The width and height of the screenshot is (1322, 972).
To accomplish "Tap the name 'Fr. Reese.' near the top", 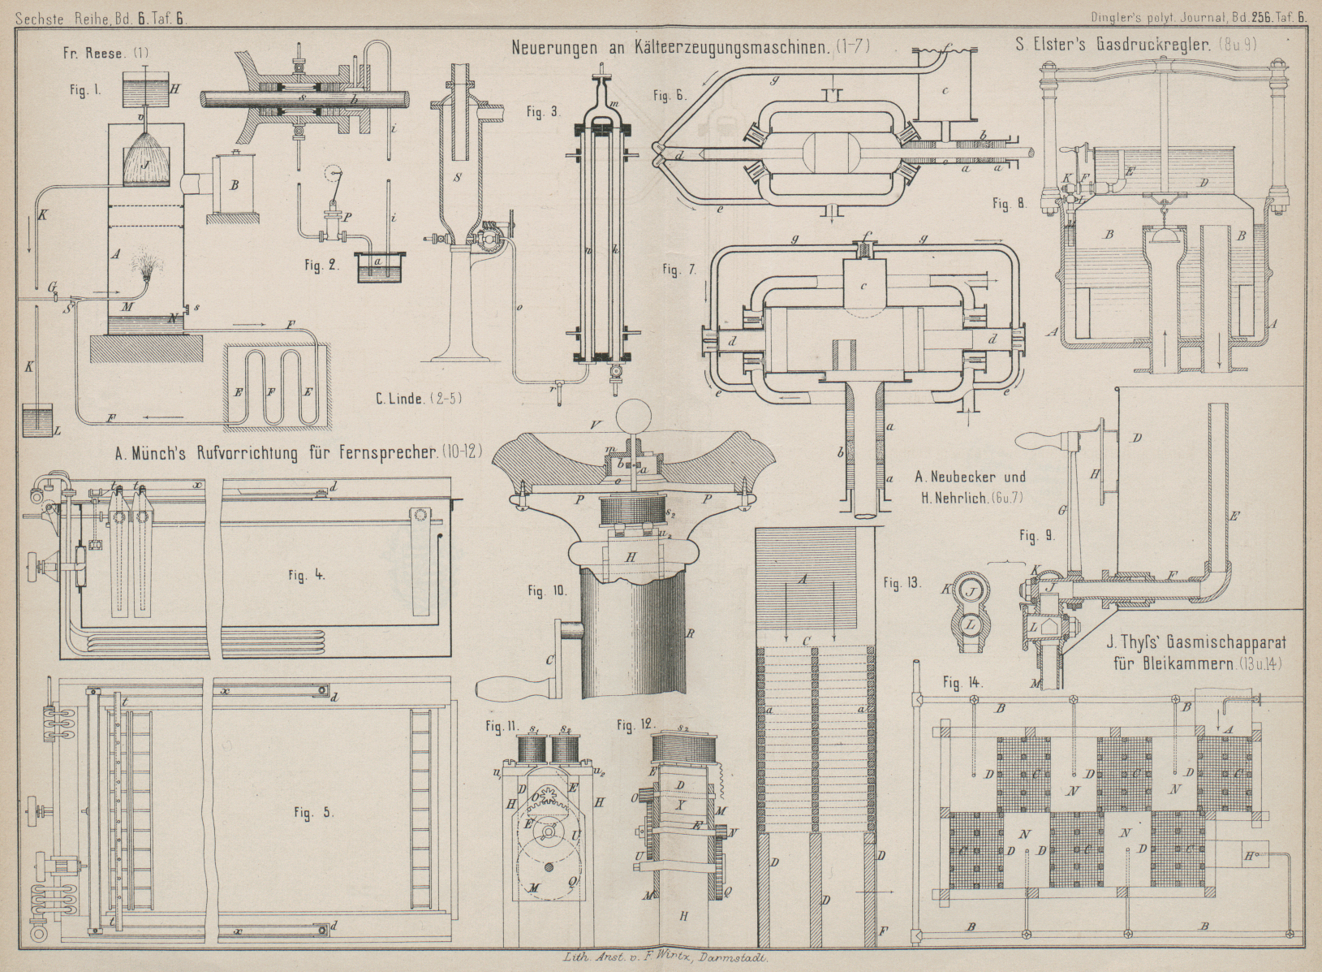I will coord(93,54).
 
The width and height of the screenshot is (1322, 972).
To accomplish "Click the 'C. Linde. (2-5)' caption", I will coord(410,399).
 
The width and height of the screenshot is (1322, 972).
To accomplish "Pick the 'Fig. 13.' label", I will coord(902,581).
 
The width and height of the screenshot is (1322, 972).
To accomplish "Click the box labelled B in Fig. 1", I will coord(234,185).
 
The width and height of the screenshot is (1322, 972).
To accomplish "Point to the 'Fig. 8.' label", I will coord(1010,204).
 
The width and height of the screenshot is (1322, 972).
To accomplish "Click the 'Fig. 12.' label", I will coord(634,724).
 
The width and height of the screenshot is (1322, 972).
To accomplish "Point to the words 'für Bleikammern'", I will coord(1172,664).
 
